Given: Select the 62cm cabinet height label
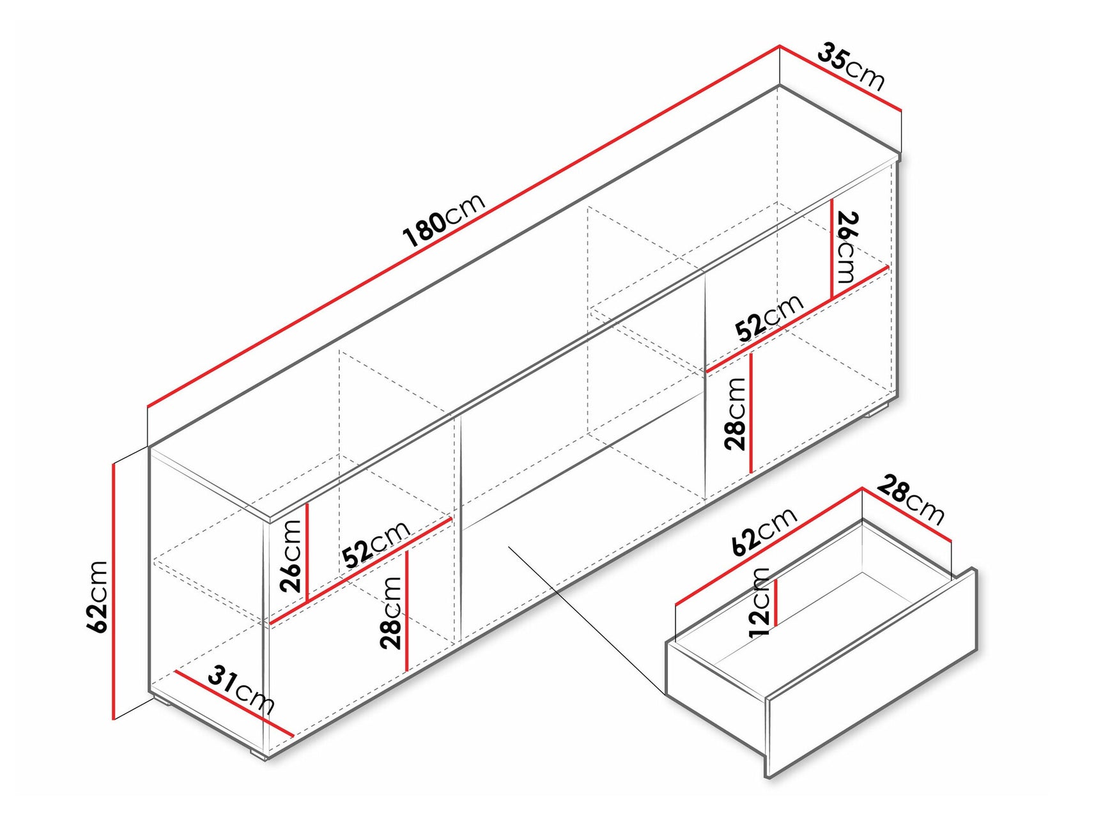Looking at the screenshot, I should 97,596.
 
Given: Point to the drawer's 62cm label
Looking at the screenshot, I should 764,530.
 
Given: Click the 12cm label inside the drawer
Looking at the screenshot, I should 760,602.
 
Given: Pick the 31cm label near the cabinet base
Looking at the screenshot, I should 241,689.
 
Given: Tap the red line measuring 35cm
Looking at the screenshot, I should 840,78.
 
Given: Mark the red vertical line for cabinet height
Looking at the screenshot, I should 113,591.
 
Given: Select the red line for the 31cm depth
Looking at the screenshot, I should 233,703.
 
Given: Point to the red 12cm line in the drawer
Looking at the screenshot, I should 776,602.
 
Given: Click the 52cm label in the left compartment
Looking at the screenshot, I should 376,544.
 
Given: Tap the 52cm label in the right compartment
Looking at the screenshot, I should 769,318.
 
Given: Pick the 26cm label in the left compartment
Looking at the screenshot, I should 291,555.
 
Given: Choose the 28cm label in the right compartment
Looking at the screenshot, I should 736,414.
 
